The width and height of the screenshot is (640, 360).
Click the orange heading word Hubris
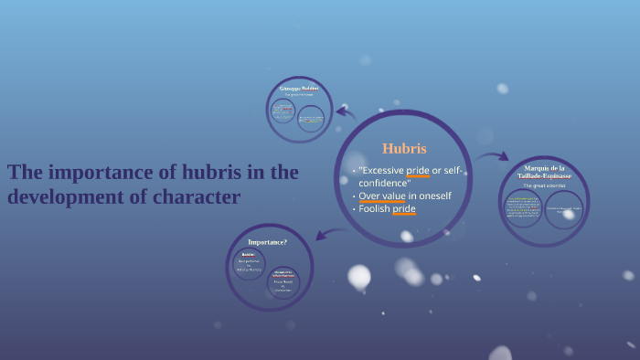coord(404,148)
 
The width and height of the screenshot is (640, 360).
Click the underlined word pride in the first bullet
coord(418,171)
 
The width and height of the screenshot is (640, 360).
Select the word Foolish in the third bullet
coord(374,209)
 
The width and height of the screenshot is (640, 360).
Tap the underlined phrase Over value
coord(381,196)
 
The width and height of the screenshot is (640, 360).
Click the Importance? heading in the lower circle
coord(268,242)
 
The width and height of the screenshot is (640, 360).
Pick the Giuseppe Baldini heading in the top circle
coord(299,88)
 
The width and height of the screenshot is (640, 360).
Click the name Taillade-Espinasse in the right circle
coord(543,175)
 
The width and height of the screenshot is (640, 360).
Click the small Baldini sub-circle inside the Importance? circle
coord(248,264)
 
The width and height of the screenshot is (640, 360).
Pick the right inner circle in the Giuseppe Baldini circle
coord(311,119)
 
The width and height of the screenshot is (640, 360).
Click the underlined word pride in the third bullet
coord(404,209)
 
